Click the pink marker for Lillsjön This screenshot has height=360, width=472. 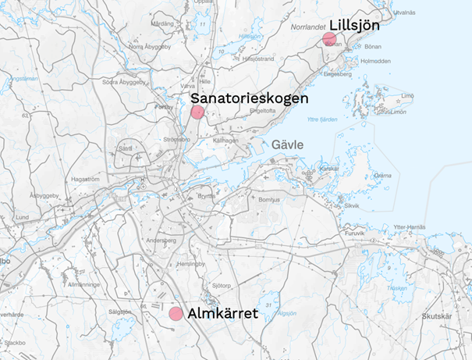(x=329, y=39)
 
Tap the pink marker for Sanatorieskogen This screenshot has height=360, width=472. (x=198, y=112)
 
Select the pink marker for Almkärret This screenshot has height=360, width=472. (x=176, y=313)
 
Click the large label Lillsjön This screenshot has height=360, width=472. (x=354, y=25)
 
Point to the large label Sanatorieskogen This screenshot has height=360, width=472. (x=250, y=98)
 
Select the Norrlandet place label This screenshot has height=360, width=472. (x=307, y=26)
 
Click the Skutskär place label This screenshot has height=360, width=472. (x=436, y=316)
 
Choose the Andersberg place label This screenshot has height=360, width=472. (x=160, y=241)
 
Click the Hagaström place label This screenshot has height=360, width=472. (x=84, y=179)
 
